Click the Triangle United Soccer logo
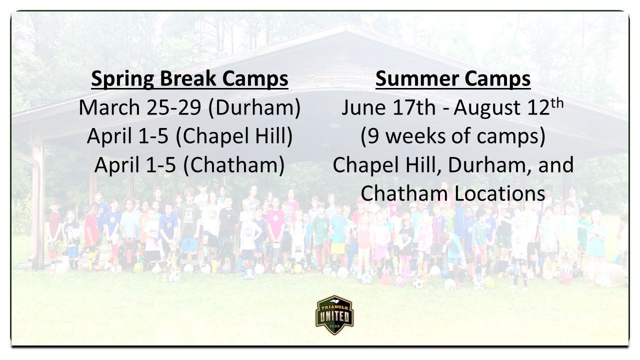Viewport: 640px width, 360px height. [x=334, y=315]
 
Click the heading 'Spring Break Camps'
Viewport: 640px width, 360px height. [x=189, y=78]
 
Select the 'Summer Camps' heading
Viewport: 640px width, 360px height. [x=453, y=78]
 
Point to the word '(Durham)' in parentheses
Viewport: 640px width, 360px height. [x=254, y=107]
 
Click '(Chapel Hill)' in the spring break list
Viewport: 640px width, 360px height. [x=234, y=136]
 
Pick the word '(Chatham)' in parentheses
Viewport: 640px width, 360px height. [x=234, y=165]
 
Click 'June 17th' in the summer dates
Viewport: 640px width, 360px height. [x=388, y=107]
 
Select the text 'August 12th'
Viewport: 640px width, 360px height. [x=509, y=107]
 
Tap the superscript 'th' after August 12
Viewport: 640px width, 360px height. [x=557, y=103]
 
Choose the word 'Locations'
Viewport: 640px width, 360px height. [x=499, y=193]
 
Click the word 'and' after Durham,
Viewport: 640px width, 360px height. [x=556, y=165]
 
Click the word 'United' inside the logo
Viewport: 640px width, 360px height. [x=334, y=316]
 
